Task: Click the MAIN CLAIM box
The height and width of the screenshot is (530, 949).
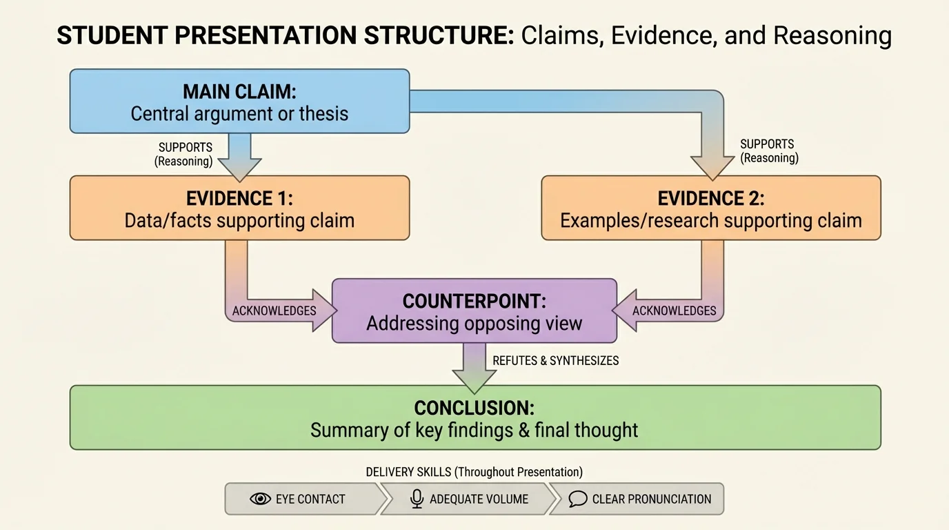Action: tap(239, 101)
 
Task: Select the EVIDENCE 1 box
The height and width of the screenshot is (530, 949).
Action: tap(239, 208)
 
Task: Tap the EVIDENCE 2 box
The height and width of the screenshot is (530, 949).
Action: tap(710, 208)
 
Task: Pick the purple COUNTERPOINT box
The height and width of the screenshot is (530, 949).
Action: tap(474, 311)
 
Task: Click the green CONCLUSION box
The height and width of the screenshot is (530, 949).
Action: tap(474, 418)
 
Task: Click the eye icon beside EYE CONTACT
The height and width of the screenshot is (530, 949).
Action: tap(260, 499)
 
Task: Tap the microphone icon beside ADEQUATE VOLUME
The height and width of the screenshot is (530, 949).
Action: tap(417, 499)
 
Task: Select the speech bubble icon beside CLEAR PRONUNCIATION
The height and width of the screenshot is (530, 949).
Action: tap(578, 499)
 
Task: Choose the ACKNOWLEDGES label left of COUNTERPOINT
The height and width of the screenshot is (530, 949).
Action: tap(274, 311)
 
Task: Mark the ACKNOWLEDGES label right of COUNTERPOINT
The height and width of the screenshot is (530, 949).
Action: tap(675, 311)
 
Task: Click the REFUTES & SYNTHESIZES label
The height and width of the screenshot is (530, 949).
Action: tap(556, 360)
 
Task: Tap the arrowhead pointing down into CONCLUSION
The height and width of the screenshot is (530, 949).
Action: tap(474, 380)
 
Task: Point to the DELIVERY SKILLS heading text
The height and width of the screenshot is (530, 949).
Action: tap(474, 472)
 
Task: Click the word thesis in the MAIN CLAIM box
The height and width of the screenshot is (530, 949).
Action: tap(323, 113)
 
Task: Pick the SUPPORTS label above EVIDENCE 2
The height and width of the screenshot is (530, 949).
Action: tap(767, 144)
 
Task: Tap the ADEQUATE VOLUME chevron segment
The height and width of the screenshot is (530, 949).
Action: tap(469, 499)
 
